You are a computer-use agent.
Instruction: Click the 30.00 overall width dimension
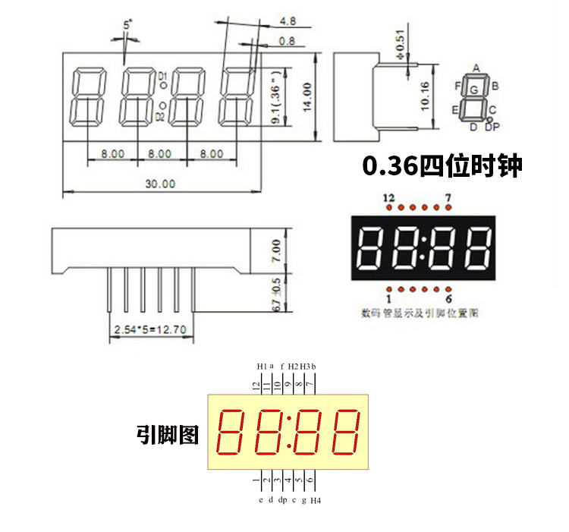tap(160, 184)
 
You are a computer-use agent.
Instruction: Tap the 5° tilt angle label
tap(127, 26)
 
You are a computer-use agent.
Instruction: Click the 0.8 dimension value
tap(288, 40)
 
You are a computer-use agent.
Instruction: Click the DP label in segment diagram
tap(492, 127)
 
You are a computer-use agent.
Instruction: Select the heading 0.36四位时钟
tap(442, 165)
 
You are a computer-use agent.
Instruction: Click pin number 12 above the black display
tap(389, 198)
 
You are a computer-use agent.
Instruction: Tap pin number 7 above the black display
tap(448, 198)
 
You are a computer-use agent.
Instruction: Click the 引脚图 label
tap(168, 434)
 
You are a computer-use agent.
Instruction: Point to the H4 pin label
tap(316, 501)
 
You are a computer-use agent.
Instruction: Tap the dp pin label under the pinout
tap(281, 500)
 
